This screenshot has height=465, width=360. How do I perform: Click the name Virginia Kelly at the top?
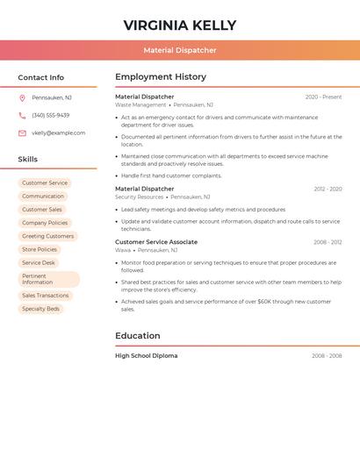(179, 25)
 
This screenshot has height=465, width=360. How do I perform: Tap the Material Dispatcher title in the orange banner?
(179, 50)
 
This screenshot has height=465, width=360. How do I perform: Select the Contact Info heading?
(40, 77)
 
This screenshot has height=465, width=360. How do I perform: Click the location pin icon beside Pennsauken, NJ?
(22, 97)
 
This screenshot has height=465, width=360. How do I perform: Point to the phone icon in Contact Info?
(22, 115)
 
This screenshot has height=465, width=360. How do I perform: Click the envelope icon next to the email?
(22, 133)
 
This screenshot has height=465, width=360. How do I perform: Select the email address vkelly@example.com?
(59, 133)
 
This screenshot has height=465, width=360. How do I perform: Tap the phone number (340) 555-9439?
(51, 115)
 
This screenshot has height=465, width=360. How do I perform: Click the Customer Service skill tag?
(45, 183)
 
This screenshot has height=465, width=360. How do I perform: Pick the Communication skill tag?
(43, 197)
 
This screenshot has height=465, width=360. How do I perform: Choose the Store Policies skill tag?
(40, 249)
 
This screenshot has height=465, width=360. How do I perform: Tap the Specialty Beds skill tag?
(40, 309)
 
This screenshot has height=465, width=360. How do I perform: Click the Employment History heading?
(161, 77)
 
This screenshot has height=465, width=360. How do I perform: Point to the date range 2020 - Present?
(323, 97)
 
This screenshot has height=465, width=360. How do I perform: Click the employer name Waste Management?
(140, 104)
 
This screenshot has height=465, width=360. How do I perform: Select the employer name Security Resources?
(140, 197)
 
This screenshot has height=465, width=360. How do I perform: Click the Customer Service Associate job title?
(156, 242)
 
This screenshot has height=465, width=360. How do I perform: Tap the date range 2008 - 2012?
(328, 242)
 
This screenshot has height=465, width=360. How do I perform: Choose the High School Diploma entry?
(146, 355)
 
